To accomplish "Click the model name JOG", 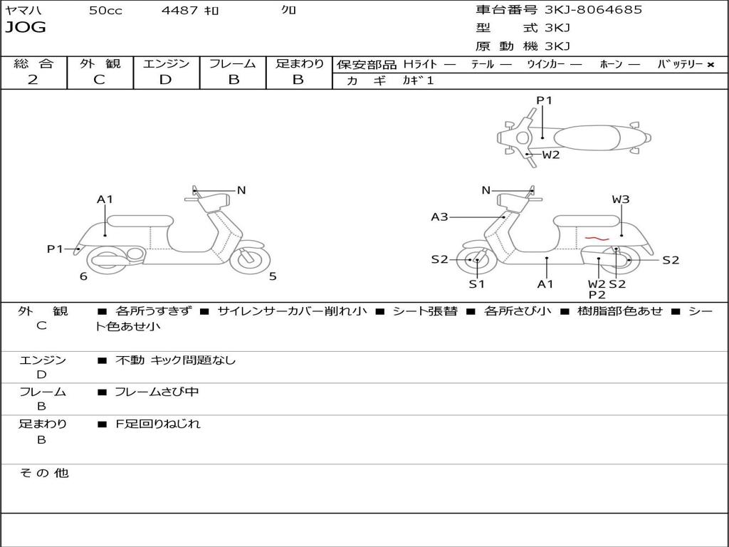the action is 26,28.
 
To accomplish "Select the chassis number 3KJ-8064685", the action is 593,10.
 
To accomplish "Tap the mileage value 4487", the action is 179,11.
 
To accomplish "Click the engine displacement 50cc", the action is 105,11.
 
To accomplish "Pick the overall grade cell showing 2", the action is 33,80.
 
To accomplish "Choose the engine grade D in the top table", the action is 166,80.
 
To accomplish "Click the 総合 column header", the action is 33,63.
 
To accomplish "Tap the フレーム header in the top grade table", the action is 233,63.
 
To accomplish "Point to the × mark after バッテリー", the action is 710,64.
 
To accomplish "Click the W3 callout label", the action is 621,199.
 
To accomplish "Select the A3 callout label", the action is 439,217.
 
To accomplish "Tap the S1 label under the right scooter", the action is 476,284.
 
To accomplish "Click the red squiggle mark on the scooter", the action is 595,238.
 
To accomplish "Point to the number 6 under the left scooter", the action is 83,276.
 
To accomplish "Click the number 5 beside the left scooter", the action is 273,276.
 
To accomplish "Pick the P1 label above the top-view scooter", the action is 544,100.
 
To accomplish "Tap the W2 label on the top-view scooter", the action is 551,155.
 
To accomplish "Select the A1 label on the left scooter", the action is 105,199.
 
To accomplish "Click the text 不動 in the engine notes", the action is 130,360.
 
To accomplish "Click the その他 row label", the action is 43,473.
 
